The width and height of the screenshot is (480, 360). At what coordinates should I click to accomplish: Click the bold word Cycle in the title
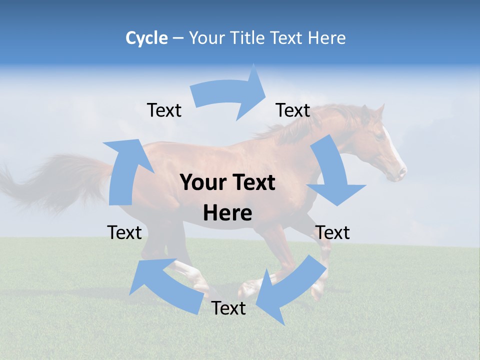(146, 38)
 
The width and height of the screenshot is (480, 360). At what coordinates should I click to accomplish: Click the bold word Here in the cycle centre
(227, 213)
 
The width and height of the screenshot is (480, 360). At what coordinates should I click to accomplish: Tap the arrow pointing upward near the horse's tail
(125, 170)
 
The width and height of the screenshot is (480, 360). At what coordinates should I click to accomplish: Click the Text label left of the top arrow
(164, 110)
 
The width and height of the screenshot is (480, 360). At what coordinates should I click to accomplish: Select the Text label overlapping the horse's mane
(293, 110)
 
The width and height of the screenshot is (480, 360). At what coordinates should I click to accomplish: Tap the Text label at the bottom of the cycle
(228, 308)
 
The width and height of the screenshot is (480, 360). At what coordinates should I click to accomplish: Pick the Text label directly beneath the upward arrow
(124, 232)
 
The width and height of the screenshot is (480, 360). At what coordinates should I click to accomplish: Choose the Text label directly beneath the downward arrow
(332, 232)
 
